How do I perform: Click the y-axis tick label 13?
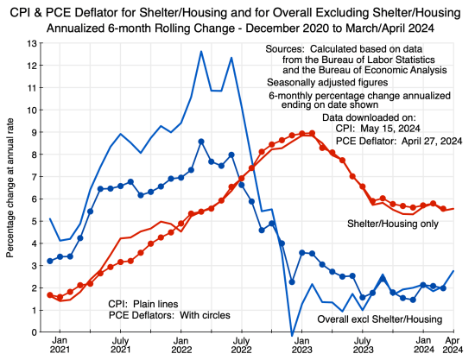pos(31,43)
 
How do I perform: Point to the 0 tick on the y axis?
pos(34,332)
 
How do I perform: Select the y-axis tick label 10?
pos(31,110)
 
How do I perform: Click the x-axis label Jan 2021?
pos(60,346)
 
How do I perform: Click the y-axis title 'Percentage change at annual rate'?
pos(11,186)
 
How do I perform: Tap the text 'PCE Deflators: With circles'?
pos(169,316)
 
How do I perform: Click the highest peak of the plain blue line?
pos(201,51)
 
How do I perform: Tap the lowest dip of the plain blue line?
pos(292,334)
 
